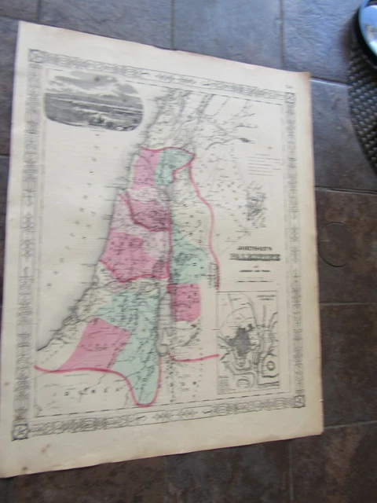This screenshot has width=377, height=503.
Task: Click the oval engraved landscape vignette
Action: pos(93,102)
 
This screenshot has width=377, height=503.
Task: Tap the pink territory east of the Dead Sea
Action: pos(186,303)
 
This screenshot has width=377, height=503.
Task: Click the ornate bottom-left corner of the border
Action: pos(21,429)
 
